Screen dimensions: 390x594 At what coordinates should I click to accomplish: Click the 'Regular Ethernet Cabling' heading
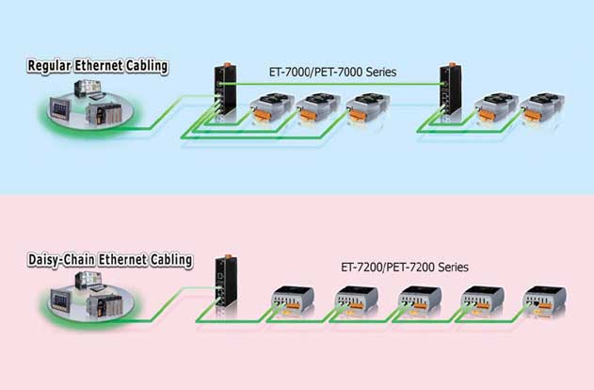[98, 66]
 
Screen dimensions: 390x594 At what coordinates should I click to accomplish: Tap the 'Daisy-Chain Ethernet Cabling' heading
[110, 259]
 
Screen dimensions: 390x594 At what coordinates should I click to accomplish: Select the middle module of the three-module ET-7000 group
[317, 109]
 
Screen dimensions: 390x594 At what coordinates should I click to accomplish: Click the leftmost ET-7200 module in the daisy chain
[290, 301]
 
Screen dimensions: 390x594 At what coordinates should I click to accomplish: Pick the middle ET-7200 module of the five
[416, 301]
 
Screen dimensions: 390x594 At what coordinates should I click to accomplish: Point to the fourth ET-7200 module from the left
[480, 301]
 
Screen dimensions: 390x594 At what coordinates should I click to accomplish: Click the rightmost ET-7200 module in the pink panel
[545, 301]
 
